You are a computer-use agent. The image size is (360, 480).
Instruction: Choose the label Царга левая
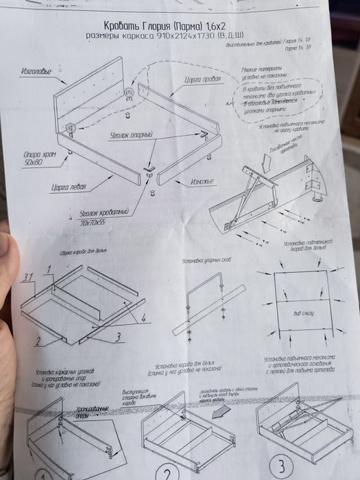point(67,187)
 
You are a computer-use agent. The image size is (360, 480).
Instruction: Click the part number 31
point(28,276)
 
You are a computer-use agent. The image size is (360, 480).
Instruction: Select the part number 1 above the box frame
point(49,269)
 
